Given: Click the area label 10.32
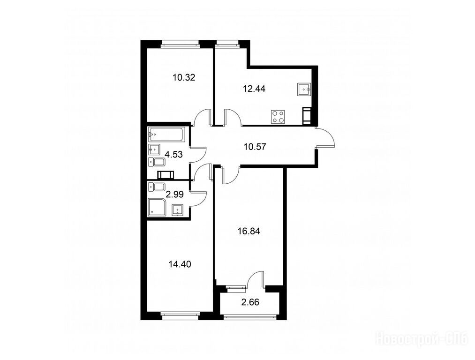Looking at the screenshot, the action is (x=184, y=77).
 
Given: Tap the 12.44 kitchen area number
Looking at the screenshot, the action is (x=254, y=89).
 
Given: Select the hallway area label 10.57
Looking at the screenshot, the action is (x=255, y=147).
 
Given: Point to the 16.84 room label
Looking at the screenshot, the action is (x=249, y=232).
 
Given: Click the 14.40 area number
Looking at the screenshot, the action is (x=180, y=264).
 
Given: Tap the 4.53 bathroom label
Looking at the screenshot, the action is (x=173, y=154).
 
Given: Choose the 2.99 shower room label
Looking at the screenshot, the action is (x=175, y=194).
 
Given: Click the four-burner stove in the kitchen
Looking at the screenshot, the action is (x=278, y=117).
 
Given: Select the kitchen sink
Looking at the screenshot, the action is (x=304, y=90).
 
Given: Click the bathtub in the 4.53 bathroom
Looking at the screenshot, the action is (x=166, y=135).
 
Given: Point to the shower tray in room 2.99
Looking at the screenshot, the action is (x=157, y=207).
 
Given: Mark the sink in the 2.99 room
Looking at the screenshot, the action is (x=178, y=210).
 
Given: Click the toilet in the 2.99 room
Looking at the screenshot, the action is (x=157, y=187).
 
